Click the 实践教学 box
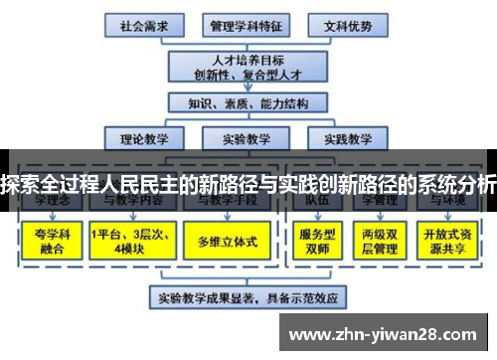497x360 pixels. click(347, 138)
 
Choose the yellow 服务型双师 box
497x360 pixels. click(317, 241)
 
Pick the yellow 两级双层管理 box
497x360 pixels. click(380, 241)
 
